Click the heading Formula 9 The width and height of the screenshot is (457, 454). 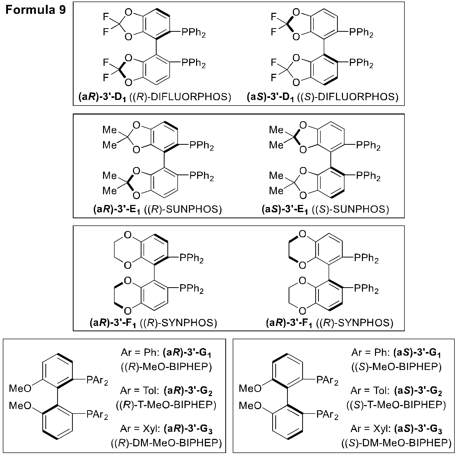coord(36,10)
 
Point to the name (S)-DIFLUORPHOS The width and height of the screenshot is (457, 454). coord(348,97)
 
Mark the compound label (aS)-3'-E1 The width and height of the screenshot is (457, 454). coord(284,210)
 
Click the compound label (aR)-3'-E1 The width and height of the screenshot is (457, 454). coord(116,210)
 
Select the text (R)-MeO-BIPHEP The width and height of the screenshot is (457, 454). coord(166,367)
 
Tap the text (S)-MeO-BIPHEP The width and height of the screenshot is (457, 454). coord(396,367)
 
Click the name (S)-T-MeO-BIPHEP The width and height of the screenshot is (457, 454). coord(396,405)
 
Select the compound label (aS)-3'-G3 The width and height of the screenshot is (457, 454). coord(418,429)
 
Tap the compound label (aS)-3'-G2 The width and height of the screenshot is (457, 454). coord(418,391)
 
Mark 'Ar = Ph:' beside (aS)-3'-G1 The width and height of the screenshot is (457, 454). coord(371,353)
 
